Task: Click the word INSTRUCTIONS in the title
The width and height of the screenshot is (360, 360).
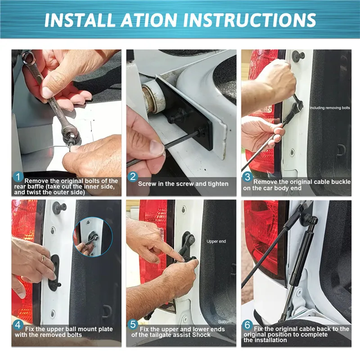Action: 249,20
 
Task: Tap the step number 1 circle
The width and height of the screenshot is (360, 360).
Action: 18,177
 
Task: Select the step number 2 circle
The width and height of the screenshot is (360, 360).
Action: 133,177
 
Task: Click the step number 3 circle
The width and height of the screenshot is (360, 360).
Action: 247,177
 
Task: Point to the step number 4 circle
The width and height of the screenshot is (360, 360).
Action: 18,325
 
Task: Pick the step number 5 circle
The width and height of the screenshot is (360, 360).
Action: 133,325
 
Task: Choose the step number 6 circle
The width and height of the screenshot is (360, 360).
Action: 247,325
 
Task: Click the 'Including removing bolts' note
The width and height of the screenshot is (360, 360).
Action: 330,108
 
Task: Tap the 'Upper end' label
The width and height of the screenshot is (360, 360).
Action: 216,242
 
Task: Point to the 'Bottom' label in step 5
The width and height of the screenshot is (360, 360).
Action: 225,322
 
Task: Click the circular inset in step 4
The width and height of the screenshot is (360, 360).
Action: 93,237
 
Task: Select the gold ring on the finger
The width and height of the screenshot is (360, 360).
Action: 43,258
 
